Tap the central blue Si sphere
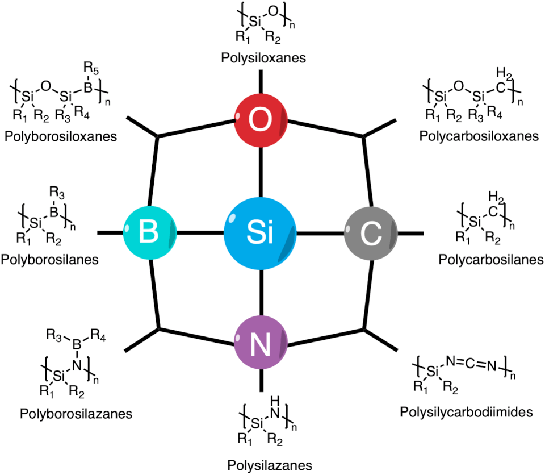click(261, 232)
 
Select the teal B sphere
click(150, 232)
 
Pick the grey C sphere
click(371, 232)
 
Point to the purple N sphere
click(261, 343)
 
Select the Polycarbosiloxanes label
click(477, 136)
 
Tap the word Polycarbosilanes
click(488, 260)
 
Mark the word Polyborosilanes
click(50, 260)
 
